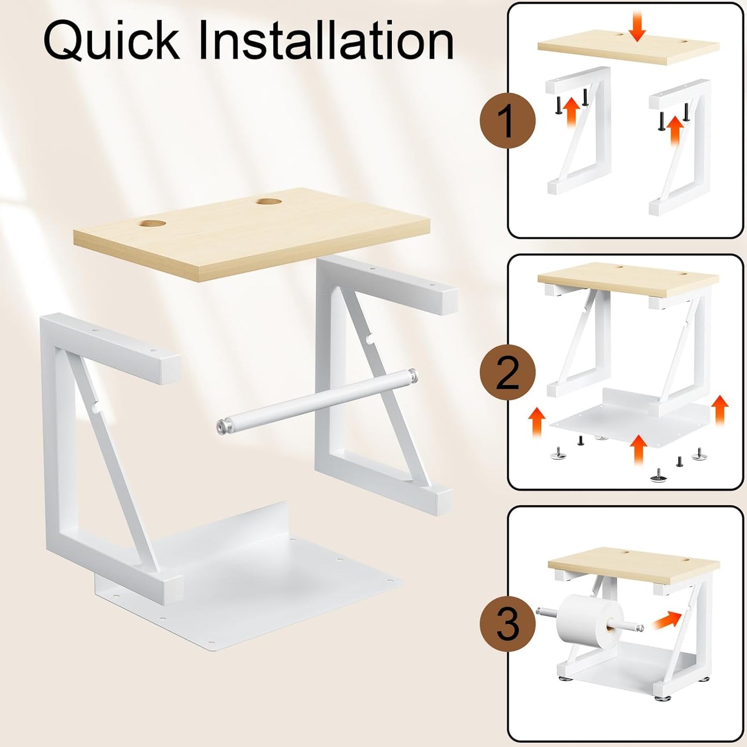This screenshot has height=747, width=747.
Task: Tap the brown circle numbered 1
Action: tap(508, 121)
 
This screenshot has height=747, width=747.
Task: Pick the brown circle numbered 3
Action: tap(508, 624)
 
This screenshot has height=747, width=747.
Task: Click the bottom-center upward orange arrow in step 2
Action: tap(638, 450)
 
